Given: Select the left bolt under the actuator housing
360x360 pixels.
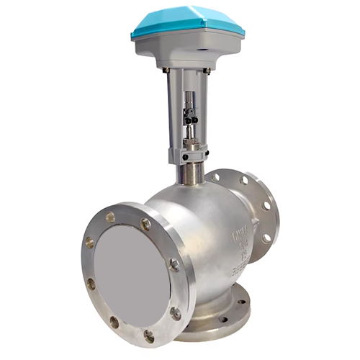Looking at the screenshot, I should pyautogui.click(x=165, y=70).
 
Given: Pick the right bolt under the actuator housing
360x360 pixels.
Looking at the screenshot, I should pyautogui.click(x=208, y=70).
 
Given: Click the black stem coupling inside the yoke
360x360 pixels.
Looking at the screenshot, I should pyautogui.click(x=190, y=114).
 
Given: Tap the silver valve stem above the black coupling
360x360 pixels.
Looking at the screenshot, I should pyautogui.click(x=190, y=97).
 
